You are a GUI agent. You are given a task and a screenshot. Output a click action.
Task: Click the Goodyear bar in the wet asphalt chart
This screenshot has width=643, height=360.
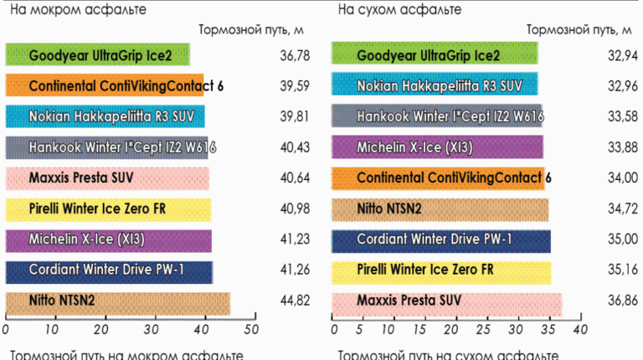pos(97,55)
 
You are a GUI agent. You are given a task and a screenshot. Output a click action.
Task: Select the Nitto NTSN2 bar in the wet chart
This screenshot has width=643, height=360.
pos(117,303)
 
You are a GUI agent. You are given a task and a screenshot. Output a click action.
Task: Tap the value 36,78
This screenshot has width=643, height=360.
pos(295,55)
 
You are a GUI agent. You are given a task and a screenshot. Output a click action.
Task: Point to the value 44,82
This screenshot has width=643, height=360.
pos(295,303)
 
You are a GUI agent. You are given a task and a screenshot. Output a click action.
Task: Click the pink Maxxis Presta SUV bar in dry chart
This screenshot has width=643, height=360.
pos(446,303)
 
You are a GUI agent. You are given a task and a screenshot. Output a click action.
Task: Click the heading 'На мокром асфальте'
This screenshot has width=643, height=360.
pos(79,10)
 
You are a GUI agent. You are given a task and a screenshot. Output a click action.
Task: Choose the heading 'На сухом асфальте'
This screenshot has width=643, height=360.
pos(401,10)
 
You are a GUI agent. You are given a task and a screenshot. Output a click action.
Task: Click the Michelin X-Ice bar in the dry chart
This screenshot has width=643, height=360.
pos(437,148)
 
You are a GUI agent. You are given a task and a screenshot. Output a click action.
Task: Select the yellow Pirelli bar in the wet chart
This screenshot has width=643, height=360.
pos(108,210)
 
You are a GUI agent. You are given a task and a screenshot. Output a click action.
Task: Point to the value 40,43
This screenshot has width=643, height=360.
pos(295,148)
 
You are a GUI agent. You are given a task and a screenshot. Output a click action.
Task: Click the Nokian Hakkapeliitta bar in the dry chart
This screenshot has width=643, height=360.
pos(435,86)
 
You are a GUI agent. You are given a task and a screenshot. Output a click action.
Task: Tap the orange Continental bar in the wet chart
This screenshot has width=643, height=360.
pos(105,86)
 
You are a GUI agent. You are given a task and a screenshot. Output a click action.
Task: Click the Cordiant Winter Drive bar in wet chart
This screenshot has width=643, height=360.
pos(109,272)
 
